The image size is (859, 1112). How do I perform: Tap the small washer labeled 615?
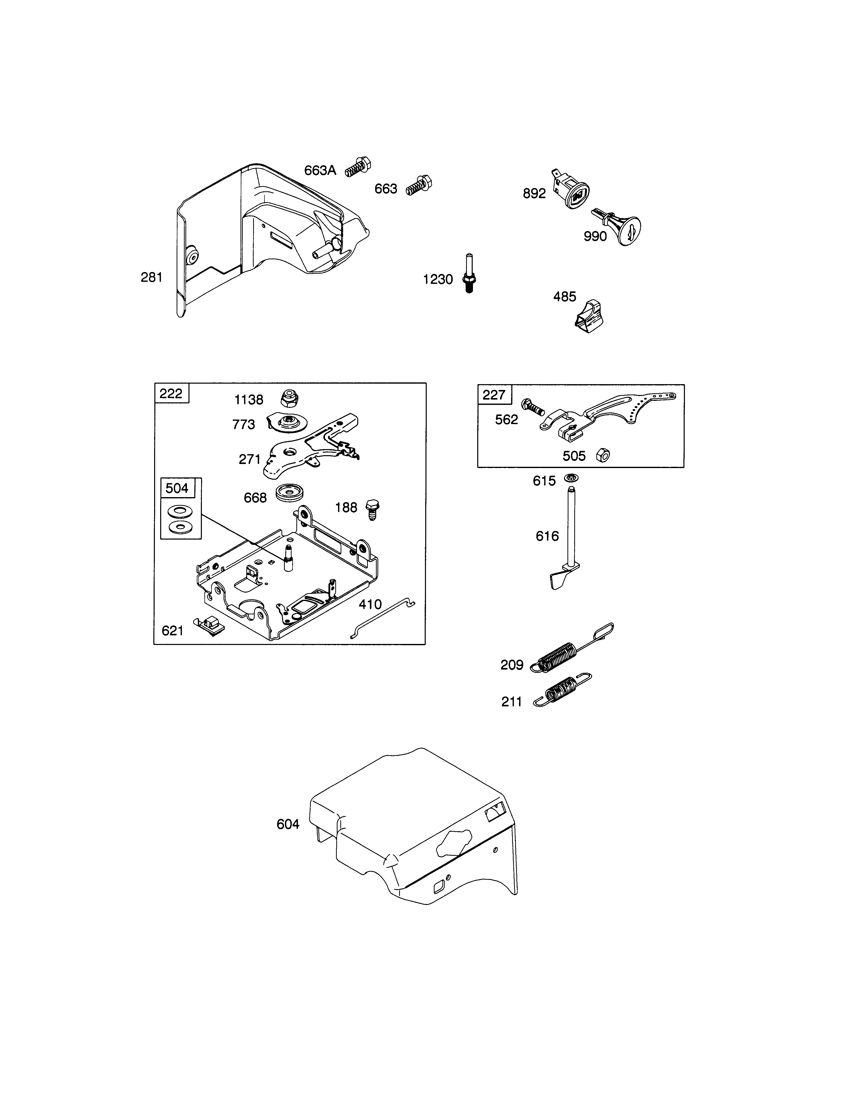click(571, 479)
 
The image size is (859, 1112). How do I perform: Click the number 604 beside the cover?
click(288, 824)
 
